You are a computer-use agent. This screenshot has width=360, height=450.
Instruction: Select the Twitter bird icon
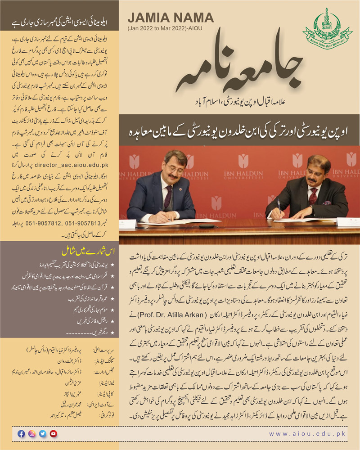pyautogui.click(x=43, y=434)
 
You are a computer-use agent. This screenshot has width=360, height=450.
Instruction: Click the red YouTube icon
pyautogui.click(x=54, y=434)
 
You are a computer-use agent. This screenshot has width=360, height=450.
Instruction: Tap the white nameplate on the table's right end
pyautogui.click(x=348, y=221)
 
